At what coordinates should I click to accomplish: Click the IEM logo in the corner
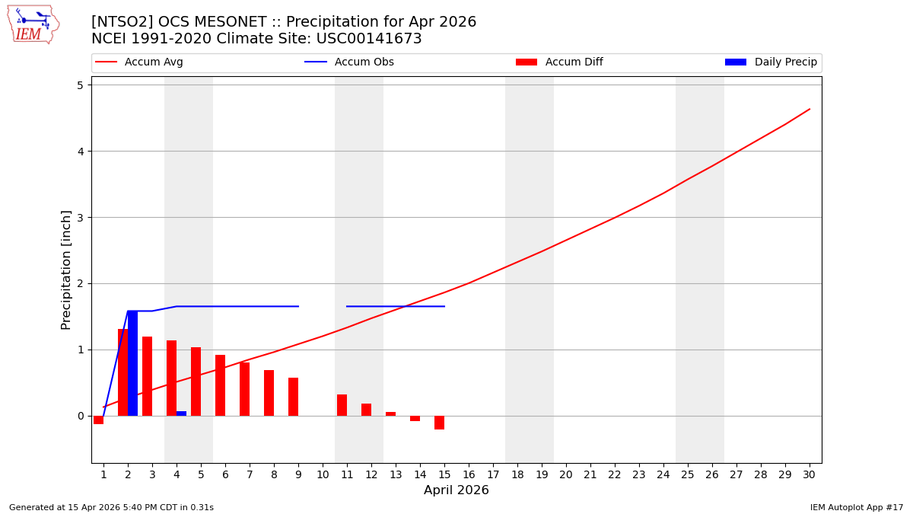tap(33, 24)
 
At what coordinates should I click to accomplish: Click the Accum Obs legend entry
tap(364, 62)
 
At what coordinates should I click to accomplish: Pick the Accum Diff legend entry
tap(574, 62)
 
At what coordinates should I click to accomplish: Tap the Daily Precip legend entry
tap(785, 62)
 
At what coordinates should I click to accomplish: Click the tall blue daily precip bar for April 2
tap(132, 363)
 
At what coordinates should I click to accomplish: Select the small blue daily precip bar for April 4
tap(181, 413)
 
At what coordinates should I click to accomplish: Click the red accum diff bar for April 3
tap(147, 376)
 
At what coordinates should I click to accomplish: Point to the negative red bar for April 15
tap(439, 423)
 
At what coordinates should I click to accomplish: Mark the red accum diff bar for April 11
tap(342, 405)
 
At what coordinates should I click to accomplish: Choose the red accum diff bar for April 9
tap(293, 397)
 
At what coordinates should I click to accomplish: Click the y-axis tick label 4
tap(80, 152)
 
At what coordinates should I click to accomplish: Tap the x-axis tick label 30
tap(809, 474)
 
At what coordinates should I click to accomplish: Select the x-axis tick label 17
tap(493, 474)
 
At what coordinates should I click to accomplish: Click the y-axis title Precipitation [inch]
tap(66, 270)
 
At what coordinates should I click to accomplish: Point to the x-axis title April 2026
tap(456, 490)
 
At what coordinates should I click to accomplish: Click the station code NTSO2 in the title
tap(117, 22)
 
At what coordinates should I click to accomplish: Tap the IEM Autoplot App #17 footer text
tap(857, 507)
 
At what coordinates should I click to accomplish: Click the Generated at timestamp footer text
tap(111, 507)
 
